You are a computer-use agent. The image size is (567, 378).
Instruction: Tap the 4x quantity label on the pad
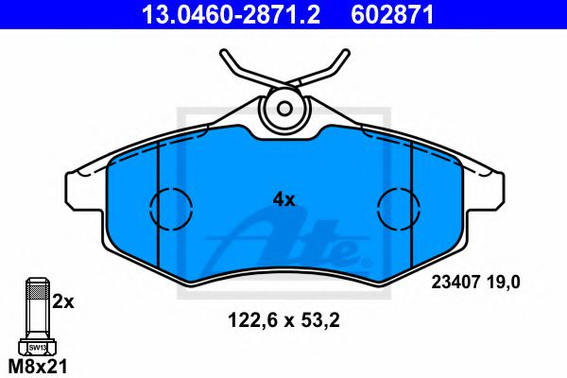pyautogui.click(x=283, y=199)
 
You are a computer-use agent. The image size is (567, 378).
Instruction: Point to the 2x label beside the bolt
pyautogui.click(x=62, y=301)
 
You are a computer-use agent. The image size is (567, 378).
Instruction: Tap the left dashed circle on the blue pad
pyautogui.click(x=171, y=204)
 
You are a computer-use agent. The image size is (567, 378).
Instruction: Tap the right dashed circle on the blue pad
pyautogui.click(x=398, y=204)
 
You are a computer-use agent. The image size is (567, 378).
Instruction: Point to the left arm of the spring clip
pyautogui.click(x=241, y=71)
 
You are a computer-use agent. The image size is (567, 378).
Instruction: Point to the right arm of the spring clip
pyautogui.click(x=326, y=71)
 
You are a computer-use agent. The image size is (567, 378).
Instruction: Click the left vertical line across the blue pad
pyautogui.click(x=155, y=217)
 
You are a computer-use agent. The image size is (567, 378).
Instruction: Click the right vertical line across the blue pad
pyautogui.click(x=413, y=217)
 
